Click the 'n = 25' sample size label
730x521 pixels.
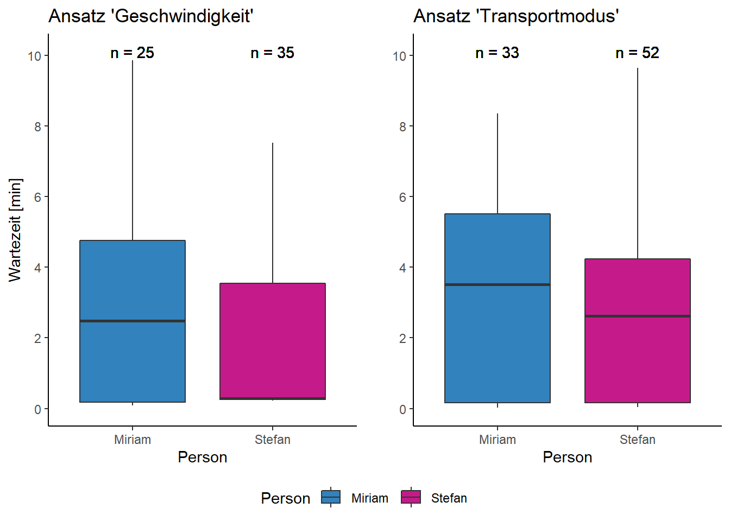132,53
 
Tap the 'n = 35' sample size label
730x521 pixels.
272,53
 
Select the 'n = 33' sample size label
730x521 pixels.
497,53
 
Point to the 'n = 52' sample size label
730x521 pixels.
637,53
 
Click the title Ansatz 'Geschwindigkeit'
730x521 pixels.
150,16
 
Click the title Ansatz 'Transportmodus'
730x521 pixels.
516,16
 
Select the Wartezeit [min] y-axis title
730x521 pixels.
15,230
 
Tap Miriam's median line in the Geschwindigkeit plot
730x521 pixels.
133,321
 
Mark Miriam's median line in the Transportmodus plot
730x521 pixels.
498,284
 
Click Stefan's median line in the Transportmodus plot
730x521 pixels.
638,316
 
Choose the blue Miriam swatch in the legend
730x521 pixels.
331,497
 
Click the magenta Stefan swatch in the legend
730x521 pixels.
411,497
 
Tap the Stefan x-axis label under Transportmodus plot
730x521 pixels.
637,440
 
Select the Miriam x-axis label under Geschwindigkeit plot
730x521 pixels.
133,440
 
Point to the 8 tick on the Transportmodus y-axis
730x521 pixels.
402,126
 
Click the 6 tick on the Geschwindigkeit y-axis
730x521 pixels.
37,197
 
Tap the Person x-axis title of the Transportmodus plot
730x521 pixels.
567,457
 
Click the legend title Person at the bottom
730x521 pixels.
285,498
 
